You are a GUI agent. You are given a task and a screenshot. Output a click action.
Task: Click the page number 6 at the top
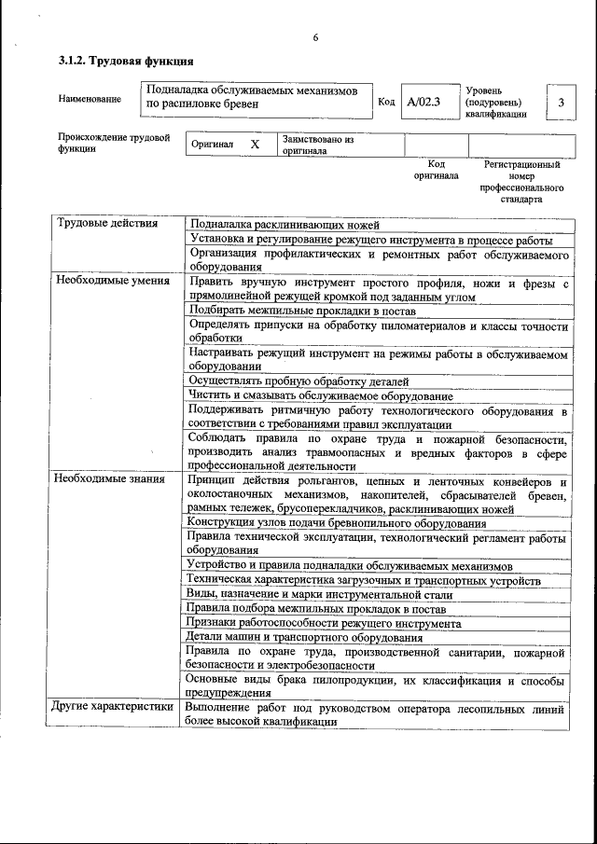pos(315,37)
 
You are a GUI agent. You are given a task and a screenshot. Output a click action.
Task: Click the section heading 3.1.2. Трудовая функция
pos(126,62)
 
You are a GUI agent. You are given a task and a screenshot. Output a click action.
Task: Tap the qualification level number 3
pos(561,102)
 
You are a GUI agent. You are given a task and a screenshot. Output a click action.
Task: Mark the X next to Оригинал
pos(255,145)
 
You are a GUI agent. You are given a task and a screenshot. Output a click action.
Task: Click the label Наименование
pos(90,99)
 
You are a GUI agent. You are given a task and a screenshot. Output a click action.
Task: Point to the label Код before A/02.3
pos(386,102)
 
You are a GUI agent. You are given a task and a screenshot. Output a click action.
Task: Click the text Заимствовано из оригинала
pos(318,145)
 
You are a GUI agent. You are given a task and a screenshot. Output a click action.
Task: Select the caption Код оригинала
pos(436,170)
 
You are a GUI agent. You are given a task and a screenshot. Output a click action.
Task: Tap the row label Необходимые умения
pos(111,280)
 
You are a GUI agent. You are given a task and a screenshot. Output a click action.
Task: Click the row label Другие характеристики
pos(114,707)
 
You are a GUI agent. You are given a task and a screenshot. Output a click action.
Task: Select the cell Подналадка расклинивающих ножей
pos(285,225)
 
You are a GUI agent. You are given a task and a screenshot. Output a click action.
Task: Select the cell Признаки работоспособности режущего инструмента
pos(324,623)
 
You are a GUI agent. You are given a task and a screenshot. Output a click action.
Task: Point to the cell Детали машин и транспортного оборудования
pos(305,637)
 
